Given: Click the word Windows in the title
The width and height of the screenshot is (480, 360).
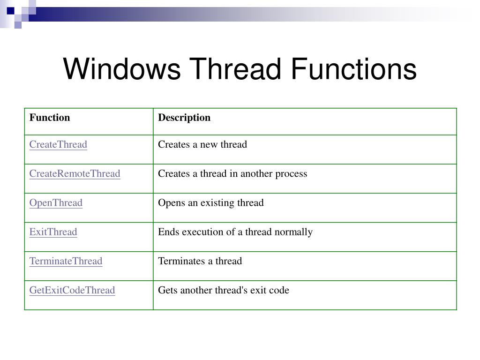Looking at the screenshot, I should (x=121, y=69).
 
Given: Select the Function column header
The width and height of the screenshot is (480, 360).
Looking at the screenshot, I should (x=50, y=118).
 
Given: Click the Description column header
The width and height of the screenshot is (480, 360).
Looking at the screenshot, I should (x=184, y=118).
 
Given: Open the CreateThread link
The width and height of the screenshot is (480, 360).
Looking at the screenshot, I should (x=58, y=144).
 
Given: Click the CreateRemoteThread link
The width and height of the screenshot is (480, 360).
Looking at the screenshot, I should (x=75, y=173).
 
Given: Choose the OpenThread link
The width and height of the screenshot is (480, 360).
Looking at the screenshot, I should (x=56, y=202).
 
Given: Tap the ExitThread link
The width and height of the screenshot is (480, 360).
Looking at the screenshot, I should (x=53, y=232).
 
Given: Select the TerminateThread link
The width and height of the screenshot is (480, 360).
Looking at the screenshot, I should (x=66, y=261).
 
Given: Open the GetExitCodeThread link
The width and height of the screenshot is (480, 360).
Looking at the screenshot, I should (x=72, y=290).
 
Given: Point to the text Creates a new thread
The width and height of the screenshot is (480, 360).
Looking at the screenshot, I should (x=202, y=144).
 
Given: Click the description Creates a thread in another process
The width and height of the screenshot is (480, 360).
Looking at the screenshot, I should (x=232, y=173).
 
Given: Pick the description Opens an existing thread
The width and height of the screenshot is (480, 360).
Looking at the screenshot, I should (x=210, y=202).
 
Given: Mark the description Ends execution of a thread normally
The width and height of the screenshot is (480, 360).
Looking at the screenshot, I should (x=235, y=232).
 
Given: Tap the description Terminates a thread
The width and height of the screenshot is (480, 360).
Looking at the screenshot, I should (x=200, y=261).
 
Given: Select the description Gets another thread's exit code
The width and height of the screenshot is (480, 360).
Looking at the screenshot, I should (x=223, y=290).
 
